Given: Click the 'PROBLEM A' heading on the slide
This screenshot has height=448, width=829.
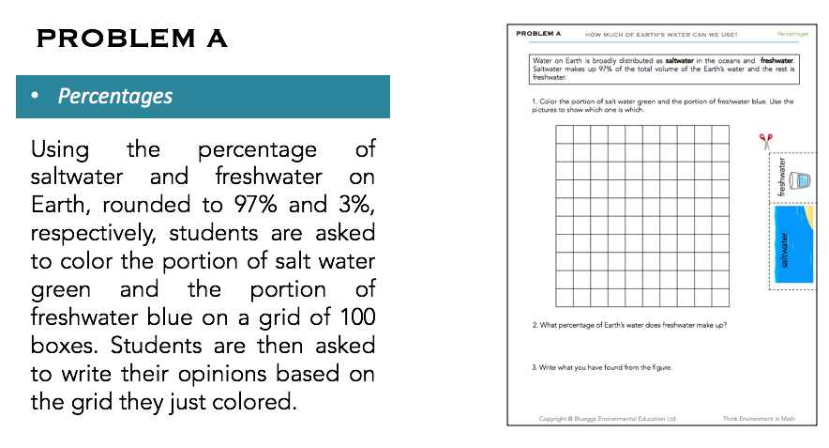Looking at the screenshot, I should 131,39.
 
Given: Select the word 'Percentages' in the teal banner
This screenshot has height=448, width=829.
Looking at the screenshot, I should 115,96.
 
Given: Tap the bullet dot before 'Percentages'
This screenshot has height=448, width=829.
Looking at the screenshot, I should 36,97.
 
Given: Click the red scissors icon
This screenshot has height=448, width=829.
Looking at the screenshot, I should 766,141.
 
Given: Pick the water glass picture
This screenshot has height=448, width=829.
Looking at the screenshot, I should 800,180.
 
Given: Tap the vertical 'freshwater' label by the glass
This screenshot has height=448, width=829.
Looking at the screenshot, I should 781,177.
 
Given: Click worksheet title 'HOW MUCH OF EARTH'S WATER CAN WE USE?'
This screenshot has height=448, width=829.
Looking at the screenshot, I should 660,35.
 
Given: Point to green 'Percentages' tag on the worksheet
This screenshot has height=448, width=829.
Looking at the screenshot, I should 792,34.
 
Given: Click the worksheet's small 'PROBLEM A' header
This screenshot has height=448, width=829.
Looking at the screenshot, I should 538,34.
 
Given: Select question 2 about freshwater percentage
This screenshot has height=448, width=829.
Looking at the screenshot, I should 629,325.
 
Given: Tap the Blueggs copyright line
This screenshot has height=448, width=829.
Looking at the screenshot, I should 607,418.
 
